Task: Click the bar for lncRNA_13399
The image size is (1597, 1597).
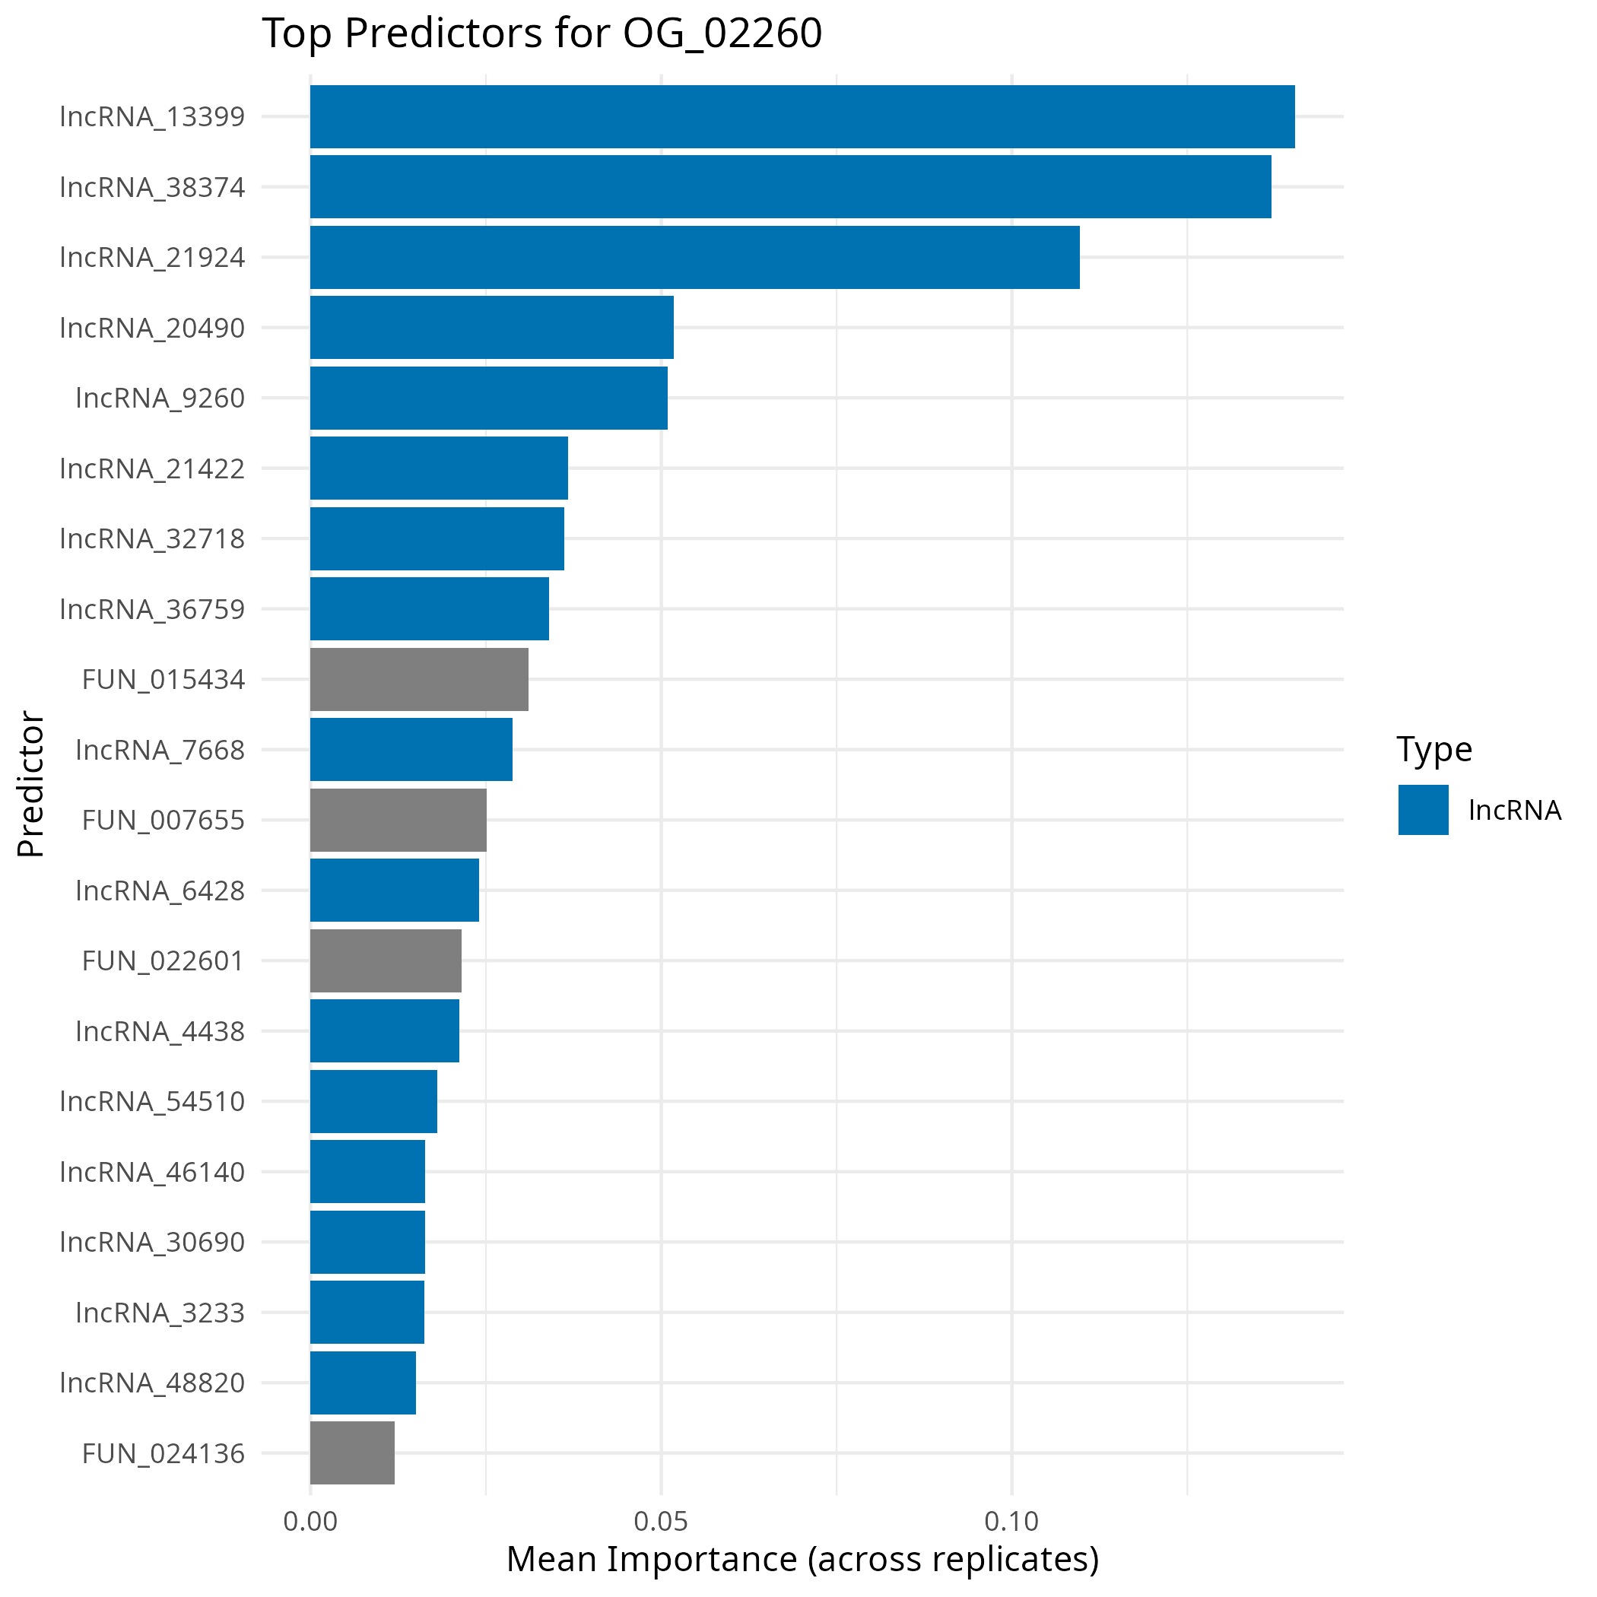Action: tap(802, 116)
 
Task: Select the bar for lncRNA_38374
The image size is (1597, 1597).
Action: tap(790, 187)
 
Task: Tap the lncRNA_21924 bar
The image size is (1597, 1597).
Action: tap(694, 257)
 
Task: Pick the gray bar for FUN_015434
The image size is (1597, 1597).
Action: tap(419, 679)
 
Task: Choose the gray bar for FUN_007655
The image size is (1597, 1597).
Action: tap(398, 820)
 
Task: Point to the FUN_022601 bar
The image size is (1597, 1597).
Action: tap(386, 960)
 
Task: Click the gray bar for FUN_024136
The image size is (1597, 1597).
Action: tap(352, 1453)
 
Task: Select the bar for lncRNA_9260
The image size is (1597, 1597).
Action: tap(488, 398)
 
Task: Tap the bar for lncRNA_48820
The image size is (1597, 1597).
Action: tap(363, 1383)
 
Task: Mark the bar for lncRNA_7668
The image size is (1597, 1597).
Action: tap(411, 750)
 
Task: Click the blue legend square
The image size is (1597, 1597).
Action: tap(1424, 810)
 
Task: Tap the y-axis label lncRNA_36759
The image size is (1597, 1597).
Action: tap(153, 609)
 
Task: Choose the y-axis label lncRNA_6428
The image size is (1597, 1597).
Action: tap(160, 891)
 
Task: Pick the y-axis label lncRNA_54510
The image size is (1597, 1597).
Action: tap(153, 1102)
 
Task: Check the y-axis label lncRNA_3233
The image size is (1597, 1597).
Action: tap(160, 1313)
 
